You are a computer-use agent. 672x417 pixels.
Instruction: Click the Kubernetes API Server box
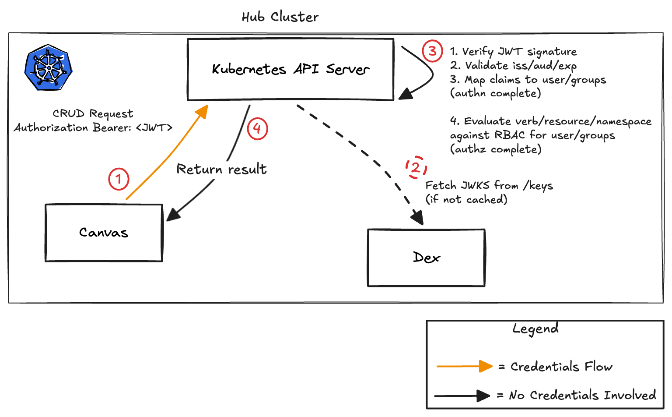click(290, 69)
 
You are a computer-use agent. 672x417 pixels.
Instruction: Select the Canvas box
click(104, 233)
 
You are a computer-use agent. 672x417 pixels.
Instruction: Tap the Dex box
click(426, 258)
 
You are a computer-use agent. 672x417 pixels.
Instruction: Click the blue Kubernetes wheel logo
click(48, 67)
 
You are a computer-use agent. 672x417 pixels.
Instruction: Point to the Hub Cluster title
click(280, 17)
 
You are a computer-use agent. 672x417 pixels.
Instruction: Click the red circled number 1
click(119, 179)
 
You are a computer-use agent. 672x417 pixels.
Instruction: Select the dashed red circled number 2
click(416, 167)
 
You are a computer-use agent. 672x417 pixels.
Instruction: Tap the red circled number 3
click(432, 51)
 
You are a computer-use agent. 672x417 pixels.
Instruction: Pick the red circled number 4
click(257, 129)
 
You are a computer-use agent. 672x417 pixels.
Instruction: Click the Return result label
click(221, 169)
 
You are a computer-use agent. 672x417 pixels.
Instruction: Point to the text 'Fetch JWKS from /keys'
click(489, 186)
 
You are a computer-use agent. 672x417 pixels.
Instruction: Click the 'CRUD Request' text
click(93, 113)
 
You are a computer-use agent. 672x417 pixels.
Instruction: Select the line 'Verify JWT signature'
click(514, 52)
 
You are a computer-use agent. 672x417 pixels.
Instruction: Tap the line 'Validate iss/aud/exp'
click(514, 66)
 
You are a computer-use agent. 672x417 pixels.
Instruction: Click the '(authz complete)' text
click(496, 149)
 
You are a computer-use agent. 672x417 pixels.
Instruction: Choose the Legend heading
click(535, 329)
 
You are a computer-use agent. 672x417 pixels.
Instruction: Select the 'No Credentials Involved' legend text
click(582, 395)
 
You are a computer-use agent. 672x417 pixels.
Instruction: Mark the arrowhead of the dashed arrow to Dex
click(417, 218)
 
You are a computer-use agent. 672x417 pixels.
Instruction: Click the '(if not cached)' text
click(466, 200)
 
